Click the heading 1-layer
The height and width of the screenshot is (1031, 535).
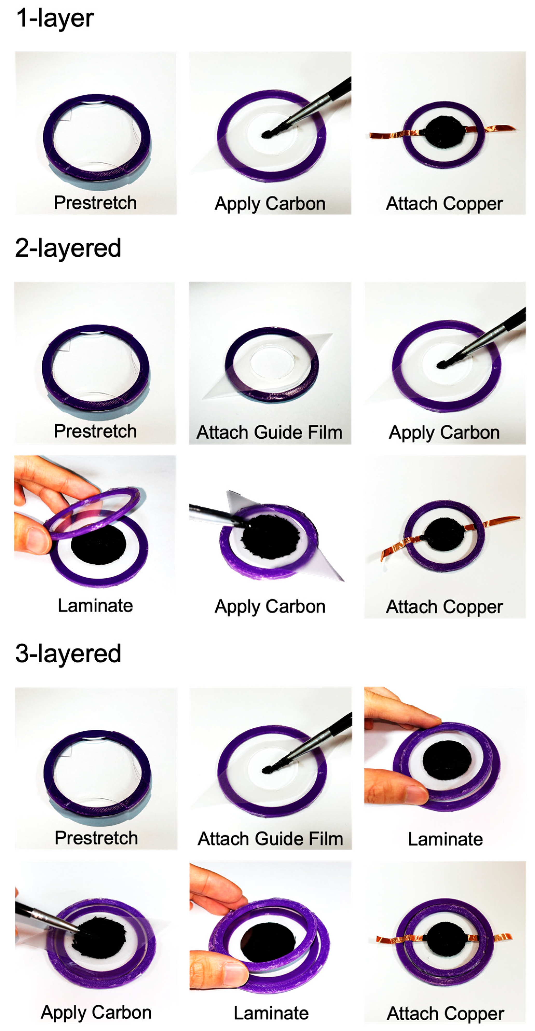[x=55, y=18]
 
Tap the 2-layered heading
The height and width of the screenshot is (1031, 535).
[x=68, y=248]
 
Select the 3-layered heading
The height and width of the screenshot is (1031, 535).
[x=68, y=654]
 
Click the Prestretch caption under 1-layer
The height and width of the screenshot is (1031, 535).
[x=95, y=202]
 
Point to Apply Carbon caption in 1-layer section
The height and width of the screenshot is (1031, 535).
[x=270, y=204]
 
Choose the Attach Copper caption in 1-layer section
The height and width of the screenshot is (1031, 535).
[x=444, y=204]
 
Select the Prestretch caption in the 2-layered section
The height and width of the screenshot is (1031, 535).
[x=95, y=431]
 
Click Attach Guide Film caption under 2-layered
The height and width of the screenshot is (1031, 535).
[x=270, y=432]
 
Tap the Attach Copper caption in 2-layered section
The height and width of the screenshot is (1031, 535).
[x=444, y=607]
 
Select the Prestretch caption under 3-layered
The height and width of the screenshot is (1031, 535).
[x=96, y=838]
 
